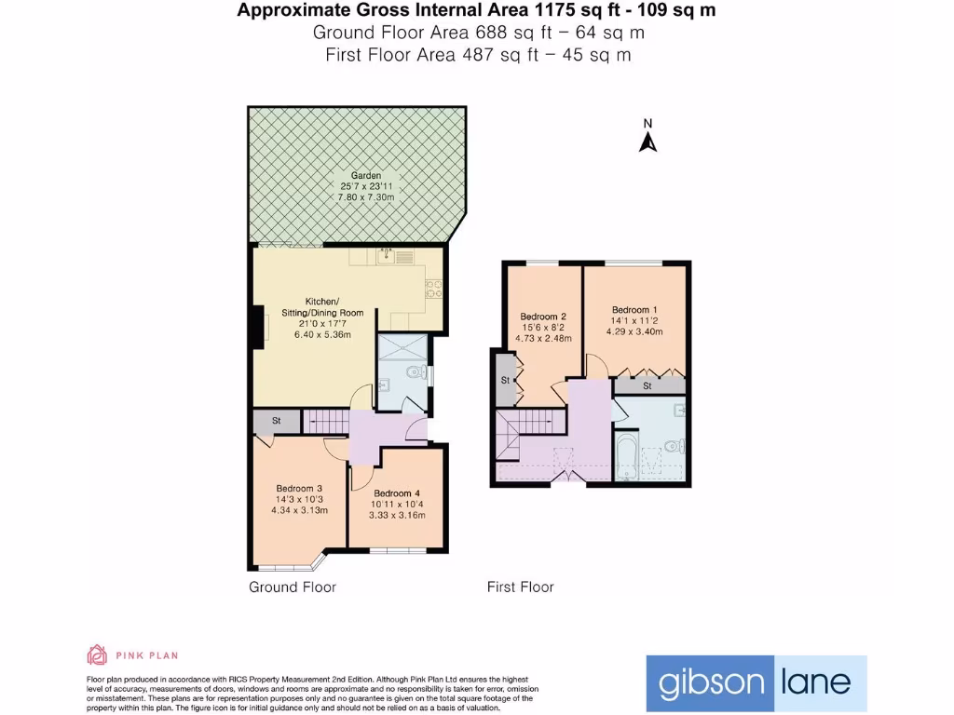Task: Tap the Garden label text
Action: click(x=366, y=176)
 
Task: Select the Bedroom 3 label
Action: click(x=299, y=488)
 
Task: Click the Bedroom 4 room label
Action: click(x=397, y=493)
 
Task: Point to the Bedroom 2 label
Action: click(x=543, y=317)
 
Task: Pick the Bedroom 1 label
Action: click(x=634, y=309)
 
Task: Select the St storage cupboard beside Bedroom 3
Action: click(x=277, y=422)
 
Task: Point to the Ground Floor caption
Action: click(x=292, y=587)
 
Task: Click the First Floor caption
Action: click(x=520, y=587)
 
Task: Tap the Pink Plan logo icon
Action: click(x=97, y=654)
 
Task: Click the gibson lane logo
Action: click(x=756, y=682)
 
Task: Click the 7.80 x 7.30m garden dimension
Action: click(x=366, y=197)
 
